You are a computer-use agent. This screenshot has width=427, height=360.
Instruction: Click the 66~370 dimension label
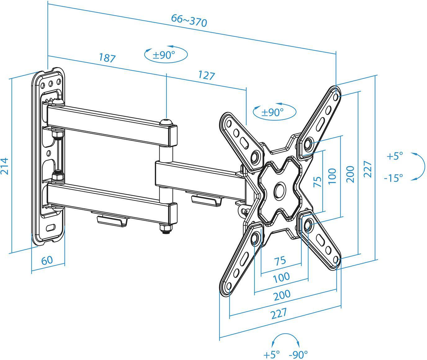(x=189, y=21)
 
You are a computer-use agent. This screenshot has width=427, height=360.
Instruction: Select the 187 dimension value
(x=107, y=58)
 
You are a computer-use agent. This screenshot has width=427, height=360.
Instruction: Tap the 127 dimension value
(x=206, y=75)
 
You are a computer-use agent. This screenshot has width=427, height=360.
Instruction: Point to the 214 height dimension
(x=4, y=166)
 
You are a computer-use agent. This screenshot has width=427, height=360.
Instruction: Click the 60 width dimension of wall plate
(x=47, y=260)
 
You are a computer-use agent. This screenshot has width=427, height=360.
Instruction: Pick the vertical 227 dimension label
(x=367, y=169)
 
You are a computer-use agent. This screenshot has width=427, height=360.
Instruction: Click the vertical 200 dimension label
(x=350, y=174)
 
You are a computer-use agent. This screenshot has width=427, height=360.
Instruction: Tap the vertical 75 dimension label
(x=317, y=182)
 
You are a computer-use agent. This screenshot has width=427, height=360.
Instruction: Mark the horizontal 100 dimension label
(x=281, y=277)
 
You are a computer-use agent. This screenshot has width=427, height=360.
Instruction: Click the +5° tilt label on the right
(x=394, y=156)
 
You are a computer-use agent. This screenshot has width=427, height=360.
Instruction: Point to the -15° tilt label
(x=393, y=178)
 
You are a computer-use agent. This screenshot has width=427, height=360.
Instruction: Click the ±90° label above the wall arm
(x=164, y=55)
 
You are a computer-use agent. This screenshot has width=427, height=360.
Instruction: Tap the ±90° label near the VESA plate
(x=272, y=112)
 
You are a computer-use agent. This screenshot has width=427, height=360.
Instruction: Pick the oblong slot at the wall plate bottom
(x=51, y=227)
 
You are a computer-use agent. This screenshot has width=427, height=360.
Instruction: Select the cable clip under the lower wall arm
(x=112, y=221)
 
